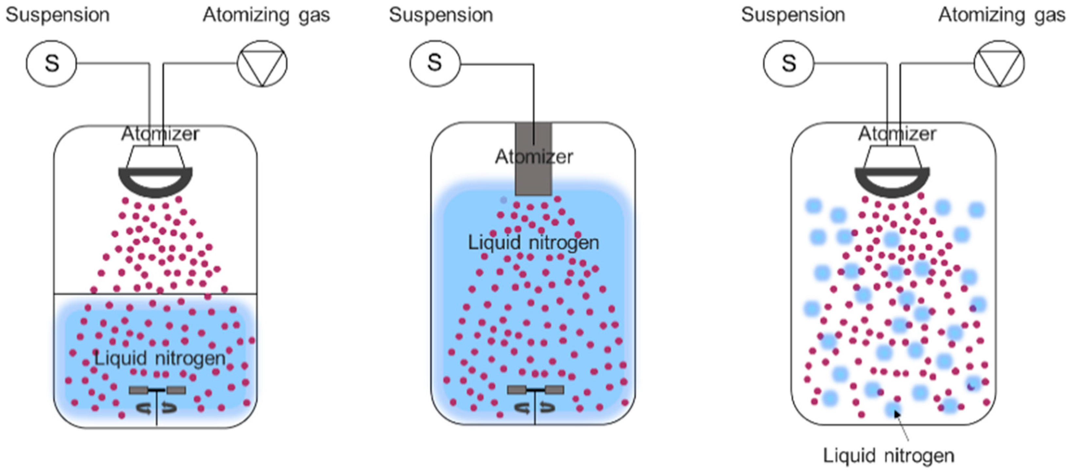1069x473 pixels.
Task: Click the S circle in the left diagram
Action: click(x=52, y=63)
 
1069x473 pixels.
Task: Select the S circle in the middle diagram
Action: click(x=435, y=63)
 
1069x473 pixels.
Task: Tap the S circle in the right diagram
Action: click(x=788, y=63)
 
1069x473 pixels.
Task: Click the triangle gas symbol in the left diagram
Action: click(x=262, y=63)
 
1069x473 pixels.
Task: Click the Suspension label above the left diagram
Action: click(x=58, y=15)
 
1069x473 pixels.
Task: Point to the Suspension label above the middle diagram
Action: click(x=441, y=15)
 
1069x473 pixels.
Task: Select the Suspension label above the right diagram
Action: click(x=793, y=15)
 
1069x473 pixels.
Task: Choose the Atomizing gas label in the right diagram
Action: click(x=1002, y=15)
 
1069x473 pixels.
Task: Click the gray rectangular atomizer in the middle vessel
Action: click(x=534, y=178)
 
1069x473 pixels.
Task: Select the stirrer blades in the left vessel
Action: click(x=157, y=390)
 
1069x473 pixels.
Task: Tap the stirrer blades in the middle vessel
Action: click(x=535, y=390)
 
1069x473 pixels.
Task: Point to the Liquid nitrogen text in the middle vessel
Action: click(x=534, y=243)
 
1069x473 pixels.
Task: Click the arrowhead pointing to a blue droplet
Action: click(x=897, y=414)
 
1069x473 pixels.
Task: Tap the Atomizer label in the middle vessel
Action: click(x=534, y=157)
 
